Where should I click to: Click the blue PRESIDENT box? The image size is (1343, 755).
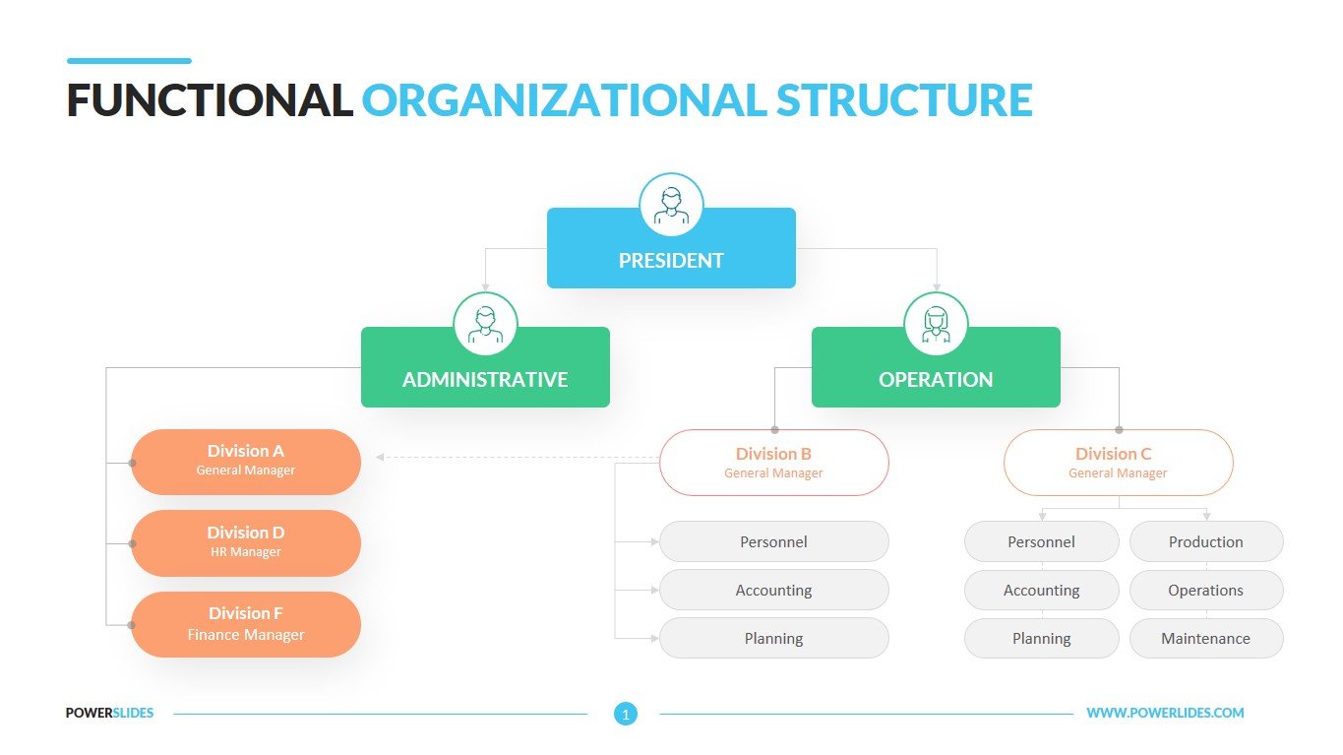(671, 260)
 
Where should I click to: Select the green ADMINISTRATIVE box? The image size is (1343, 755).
(485, 378)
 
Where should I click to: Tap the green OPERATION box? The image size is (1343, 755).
(936, 378)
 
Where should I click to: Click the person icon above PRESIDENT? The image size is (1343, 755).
(671, 205)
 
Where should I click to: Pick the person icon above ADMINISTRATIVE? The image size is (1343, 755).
(485, 324)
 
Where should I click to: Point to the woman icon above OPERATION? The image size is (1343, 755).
(936, 324)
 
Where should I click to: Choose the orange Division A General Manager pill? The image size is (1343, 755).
(246, 461)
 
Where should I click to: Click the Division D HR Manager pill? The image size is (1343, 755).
(246, 542)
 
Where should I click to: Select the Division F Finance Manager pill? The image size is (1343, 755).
(246, 624)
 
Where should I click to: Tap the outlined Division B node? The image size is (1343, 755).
(773, 462)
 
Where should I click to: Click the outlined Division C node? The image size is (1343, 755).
(1118, 462)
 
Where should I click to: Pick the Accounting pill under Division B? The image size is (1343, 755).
(773, 591)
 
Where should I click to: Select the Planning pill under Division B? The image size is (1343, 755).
(773, 638)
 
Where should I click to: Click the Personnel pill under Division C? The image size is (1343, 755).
(1041, 541)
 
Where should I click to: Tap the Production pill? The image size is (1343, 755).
(1205, 541)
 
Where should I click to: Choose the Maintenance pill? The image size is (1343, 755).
(1205, 638)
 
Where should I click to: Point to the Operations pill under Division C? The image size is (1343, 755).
(1205, 591)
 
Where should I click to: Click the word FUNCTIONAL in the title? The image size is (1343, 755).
(210, 100)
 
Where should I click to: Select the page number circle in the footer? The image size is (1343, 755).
(625, 714)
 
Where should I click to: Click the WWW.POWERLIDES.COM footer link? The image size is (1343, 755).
(1165, 713)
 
